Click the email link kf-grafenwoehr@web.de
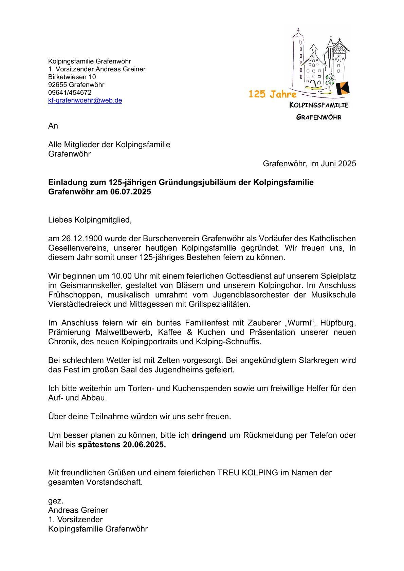[85, 100]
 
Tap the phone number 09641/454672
[70, 92]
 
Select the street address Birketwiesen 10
[72, 77]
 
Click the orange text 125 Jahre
[272, 94]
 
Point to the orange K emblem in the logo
[343, 88]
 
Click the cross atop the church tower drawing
[298, 30]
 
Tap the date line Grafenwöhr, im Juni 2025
[309, 164]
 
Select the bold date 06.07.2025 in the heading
[131, 192]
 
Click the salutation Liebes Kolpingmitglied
[90, 220]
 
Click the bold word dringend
[209, 435]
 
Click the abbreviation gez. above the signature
[56, 501]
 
